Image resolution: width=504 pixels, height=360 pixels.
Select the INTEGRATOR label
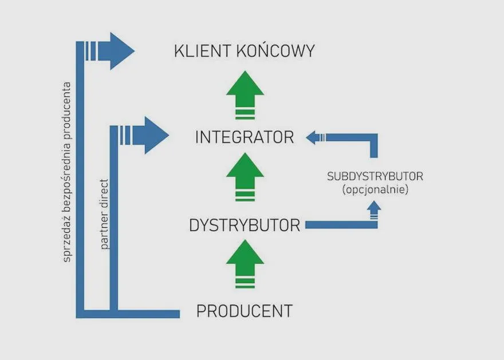tap(245, 137)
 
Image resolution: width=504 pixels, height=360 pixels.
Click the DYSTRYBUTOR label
tap(245, 226)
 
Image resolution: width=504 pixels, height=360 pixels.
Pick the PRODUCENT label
tap(245, 311)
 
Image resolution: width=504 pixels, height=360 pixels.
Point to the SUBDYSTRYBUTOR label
tap(375, 176)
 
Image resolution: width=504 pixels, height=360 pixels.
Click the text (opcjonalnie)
tap(375, 189)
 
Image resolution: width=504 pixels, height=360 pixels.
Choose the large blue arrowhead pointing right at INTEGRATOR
tap(153, 135)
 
